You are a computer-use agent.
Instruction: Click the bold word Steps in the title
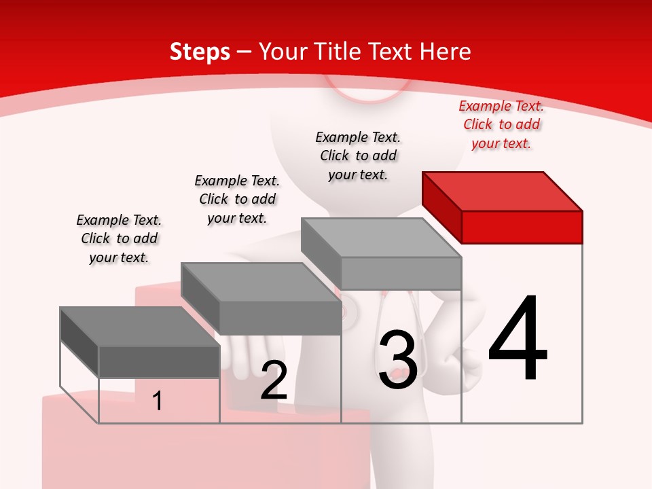click(200, 52)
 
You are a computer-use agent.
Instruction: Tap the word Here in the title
click(445, 52)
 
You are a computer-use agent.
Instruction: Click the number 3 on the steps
click(397, 359)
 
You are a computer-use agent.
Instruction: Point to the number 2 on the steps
click(274, 380)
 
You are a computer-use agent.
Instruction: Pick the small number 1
click(158, 401)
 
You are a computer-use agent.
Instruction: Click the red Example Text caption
click(501, 124)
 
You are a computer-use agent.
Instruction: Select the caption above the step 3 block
click(358, 156)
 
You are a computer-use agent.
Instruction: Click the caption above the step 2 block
click(237, 199)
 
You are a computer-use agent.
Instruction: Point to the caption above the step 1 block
click(119, 238)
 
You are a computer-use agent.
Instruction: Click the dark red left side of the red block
click(441, 204)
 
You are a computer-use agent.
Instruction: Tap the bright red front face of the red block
click(522, 227)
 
